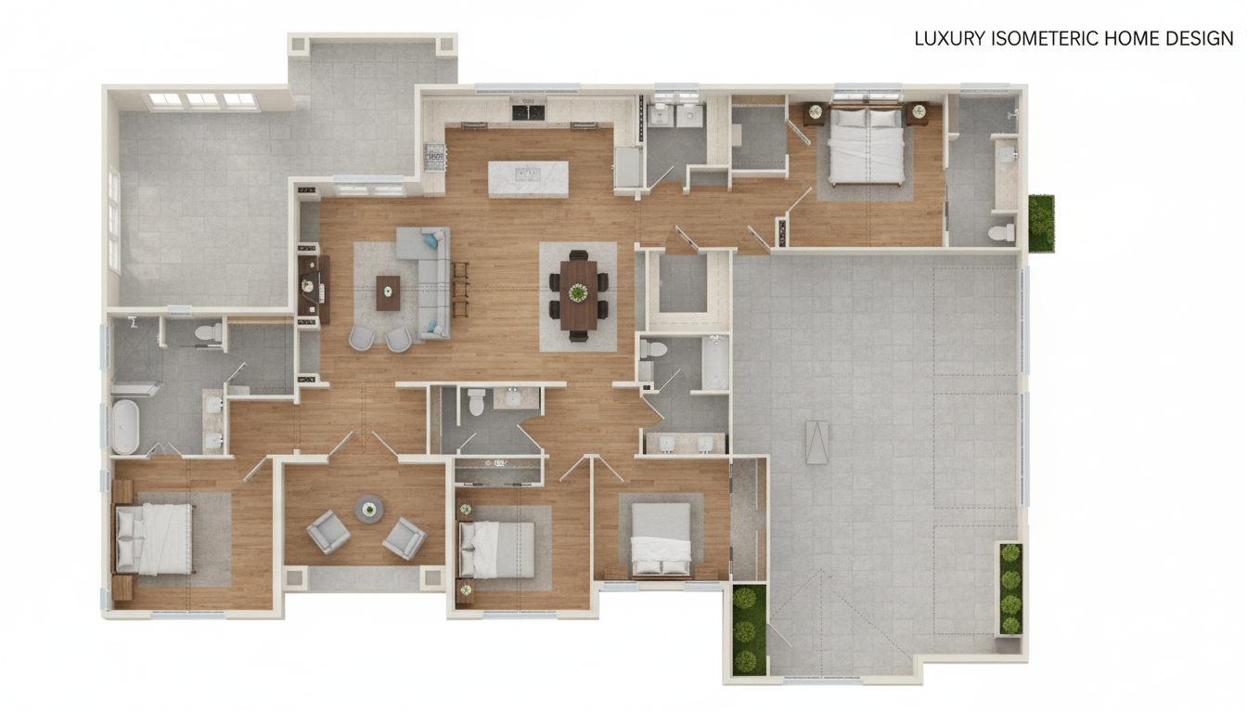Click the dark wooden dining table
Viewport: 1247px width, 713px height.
578,294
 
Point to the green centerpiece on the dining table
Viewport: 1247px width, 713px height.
578,292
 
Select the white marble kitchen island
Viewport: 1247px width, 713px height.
528,179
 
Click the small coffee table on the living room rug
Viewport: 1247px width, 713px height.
388,293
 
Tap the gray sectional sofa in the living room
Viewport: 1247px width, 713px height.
429,279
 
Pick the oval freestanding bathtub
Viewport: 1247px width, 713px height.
125,427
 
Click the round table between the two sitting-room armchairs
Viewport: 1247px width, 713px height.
368,509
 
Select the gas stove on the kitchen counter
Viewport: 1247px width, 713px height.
435,157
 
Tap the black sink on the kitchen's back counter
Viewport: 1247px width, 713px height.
528,112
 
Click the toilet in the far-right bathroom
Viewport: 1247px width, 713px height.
1001,232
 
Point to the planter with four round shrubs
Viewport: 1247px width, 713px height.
1009,589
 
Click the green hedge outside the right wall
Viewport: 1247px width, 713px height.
1041,223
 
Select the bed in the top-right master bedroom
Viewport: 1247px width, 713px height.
867,146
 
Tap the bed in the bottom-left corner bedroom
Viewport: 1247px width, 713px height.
154,538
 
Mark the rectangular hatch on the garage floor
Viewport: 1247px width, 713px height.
816,442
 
